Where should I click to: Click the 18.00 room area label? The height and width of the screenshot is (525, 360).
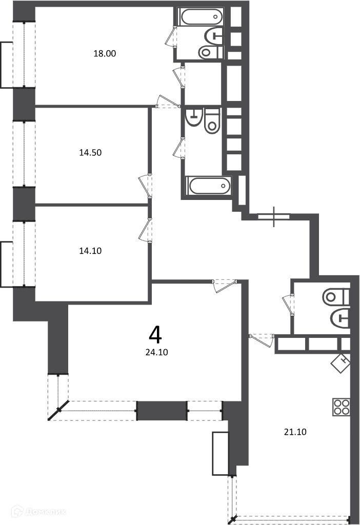click(105, 53)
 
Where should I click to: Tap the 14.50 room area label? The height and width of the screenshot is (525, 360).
click(90, 153)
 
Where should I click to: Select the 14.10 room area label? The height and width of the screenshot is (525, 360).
click(90, 251)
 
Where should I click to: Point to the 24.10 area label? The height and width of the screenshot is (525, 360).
click(157, 352)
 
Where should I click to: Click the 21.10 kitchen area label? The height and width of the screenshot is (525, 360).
click(295, 432)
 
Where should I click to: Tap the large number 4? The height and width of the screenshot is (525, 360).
click(155, 335)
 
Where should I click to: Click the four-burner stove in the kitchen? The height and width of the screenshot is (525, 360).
click(341, 407)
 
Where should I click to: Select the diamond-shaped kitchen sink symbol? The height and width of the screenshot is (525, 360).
click(341, 363)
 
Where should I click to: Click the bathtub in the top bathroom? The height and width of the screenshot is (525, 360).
click(201, 16)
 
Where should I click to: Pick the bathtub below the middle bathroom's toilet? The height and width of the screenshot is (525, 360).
click(208, 186)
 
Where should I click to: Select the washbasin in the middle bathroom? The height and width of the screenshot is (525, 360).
click(193, 116)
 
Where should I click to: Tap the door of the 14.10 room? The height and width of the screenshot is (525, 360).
click(146, 230)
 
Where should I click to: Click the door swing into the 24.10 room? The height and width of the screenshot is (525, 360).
click(225, 286)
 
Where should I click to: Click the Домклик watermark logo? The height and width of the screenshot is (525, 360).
click(38, 512)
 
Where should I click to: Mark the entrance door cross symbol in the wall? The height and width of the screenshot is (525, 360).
click(274, 217)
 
